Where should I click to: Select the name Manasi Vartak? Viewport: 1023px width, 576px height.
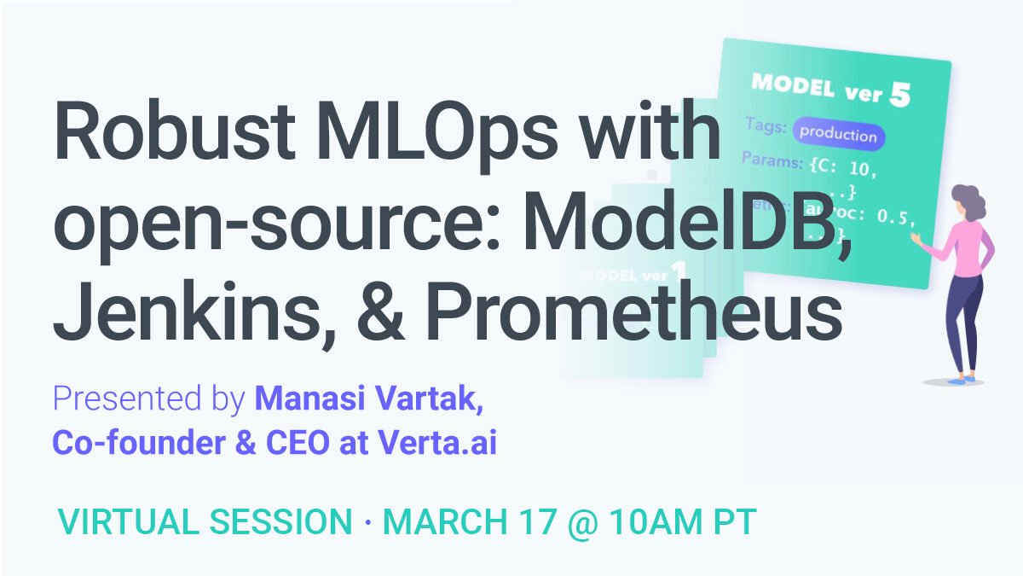pos(369,399)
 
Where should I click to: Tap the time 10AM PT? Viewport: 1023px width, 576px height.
pos(683,522)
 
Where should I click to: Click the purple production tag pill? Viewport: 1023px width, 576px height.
pos(839,134)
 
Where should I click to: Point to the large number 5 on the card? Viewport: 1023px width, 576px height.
pos(899,95)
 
